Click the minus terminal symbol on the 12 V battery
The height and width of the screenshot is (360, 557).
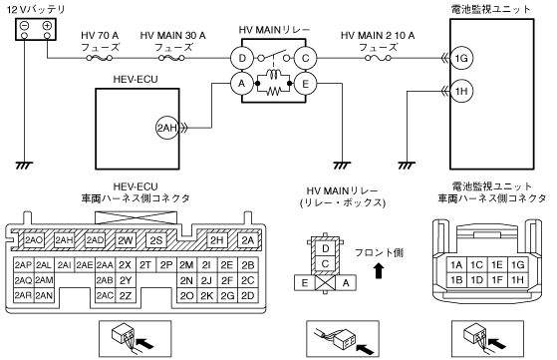pyautogui.click(x=24, y=26)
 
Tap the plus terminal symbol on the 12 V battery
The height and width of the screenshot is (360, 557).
pyautogui.click(x=47, y=26)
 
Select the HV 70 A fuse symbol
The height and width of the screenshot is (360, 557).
pyautogui.click(x=99, y=58)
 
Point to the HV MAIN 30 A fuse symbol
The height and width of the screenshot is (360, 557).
pyautogui.click(x=172, y=58)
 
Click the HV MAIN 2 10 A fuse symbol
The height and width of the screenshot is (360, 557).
pyautogui.click(x=379, y=58)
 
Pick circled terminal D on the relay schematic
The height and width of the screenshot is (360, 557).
pyautogui.click(x=242, y=58)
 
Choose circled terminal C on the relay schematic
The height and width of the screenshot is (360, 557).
pyautogui.click(x=305, y=58)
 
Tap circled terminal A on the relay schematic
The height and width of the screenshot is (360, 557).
pyautogui.click(x=242, y=84)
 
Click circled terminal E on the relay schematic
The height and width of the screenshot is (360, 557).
pyautogui.click(x=305, y=84)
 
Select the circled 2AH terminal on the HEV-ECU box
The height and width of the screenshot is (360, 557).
pyautogui.click(x=166, y=128)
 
